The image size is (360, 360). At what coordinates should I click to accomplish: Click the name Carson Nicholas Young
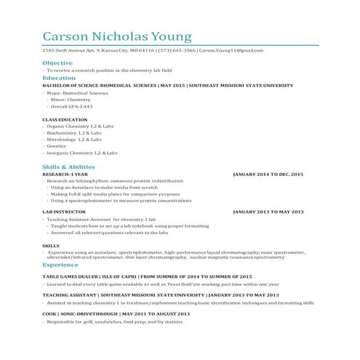117,36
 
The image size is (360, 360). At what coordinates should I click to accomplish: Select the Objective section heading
57,63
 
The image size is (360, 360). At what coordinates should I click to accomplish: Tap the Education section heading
59,77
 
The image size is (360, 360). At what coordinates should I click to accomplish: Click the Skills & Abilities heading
68,167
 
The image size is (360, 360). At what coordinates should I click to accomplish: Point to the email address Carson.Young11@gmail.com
231,50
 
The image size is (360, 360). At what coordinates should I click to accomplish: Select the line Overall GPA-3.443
71,105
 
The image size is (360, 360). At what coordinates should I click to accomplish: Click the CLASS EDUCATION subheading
65,119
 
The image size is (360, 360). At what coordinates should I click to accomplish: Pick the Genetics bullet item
57,146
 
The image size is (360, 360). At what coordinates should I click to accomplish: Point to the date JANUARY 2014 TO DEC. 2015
268,175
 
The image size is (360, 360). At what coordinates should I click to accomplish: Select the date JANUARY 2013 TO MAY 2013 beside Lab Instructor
268,212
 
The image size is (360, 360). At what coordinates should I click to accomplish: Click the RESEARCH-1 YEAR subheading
65,175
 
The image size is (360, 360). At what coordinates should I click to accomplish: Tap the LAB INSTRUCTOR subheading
63,212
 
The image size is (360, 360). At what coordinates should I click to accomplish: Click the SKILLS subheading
51,247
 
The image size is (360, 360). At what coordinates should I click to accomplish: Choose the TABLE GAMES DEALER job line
148,277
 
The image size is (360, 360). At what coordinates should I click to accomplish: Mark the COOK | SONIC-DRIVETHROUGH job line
116,313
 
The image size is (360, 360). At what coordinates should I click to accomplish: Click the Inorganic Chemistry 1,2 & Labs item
81,153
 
